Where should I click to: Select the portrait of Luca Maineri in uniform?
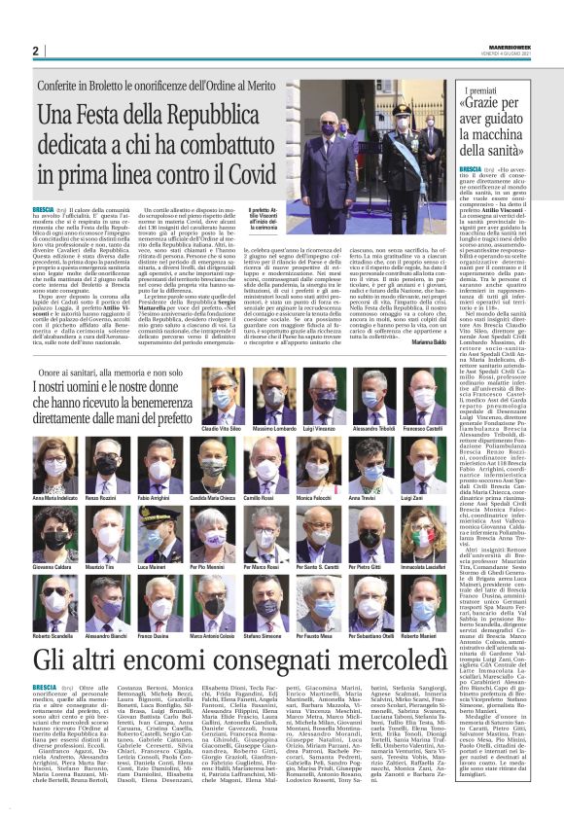[x=155, y=530]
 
